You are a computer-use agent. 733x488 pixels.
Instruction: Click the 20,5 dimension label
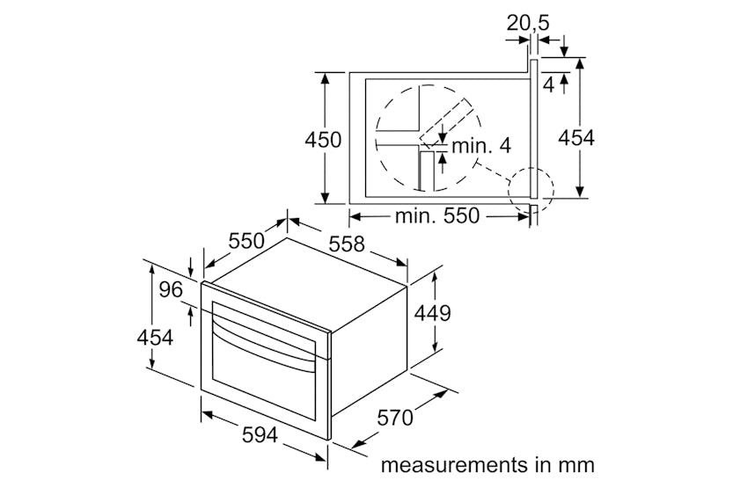(528, 23)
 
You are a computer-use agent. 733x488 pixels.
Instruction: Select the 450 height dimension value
(323, 140)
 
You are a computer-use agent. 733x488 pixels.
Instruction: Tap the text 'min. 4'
(481, 146)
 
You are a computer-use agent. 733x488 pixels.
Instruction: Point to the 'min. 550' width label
(437, 215)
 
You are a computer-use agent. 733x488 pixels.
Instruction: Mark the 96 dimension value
(172, 290)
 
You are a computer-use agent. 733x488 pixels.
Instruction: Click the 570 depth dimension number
(395, 418)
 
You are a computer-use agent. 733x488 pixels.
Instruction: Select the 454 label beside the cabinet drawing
(576, 138)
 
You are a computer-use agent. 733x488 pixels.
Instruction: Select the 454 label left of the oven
(154, 337)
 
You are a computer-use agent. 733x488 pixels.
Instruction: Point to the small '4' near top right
(548, 85)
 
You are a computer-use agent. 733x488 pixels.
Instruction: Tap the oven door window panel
(261, 378)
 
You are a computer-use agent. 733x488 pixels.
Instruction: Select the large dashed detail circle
(429, 137)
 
